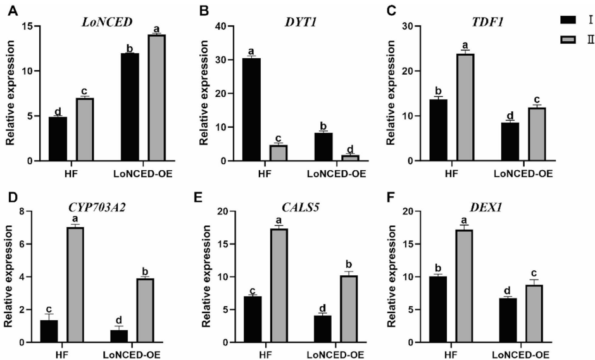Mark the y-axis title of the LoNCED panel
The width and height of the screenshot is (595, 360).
click(9, 93)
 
